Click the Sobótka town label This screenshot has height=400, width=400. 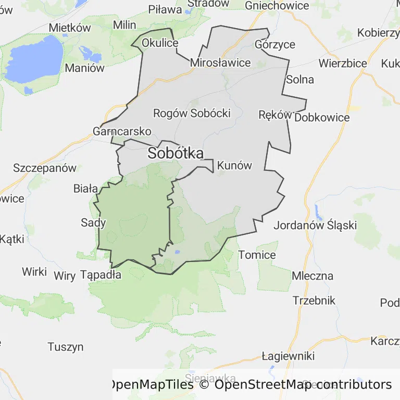(175, 153)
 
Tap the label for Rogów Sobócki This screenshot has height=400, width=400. (192, 113)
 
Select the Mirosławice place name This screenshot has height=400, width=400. (220, 63)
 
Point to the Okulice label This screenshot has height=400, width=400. (160, 43)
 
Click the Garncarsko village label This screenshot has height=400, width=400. (122, 131)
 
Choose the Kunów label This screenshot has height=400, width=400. (234, 166)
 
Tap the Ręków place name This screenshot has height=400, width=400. (274, 115)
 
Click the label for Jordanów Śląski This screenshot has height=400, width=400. (315, 226)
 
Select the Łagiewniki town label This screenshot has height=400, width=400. (288, 356)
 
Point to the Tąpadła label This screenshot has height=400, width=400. (102, 274)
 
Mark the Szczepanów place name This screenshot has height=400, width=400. (45, 168)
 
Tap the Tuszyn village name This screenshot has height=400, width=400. (66, 347)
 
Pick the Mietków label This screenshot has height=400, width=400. (69, 28)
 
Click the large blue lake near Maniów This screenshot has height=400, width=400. (36, 60)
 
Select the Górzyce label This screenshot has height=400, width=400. (275, 44)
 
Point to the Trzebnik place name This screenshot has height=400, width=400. (314, 301)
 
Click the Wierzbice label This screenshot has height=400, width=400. (343, 63)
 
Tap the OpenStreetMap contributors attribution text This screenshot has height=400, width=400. (303, 384)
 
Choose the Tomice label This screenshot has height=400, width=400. (257, 255)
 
